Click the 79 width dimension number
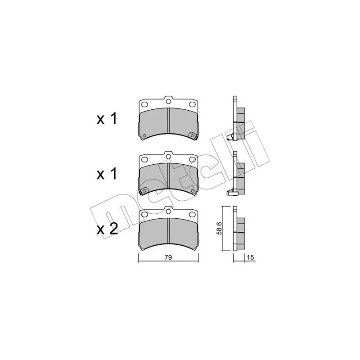click(x=168, y=257)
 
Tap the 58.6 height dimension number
click(x=220, y=229)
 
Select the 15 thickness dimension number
click(x=251, y=257)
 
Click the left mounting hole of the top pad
click(x=144, y=104)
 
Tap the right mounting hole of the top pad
click(x=192, y=104)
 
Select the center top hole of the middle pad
click(x=168, y=156)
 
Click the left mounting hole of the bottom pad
click(x=144, y=215)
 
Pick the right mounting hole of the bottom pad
click(x=192, y=215)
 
